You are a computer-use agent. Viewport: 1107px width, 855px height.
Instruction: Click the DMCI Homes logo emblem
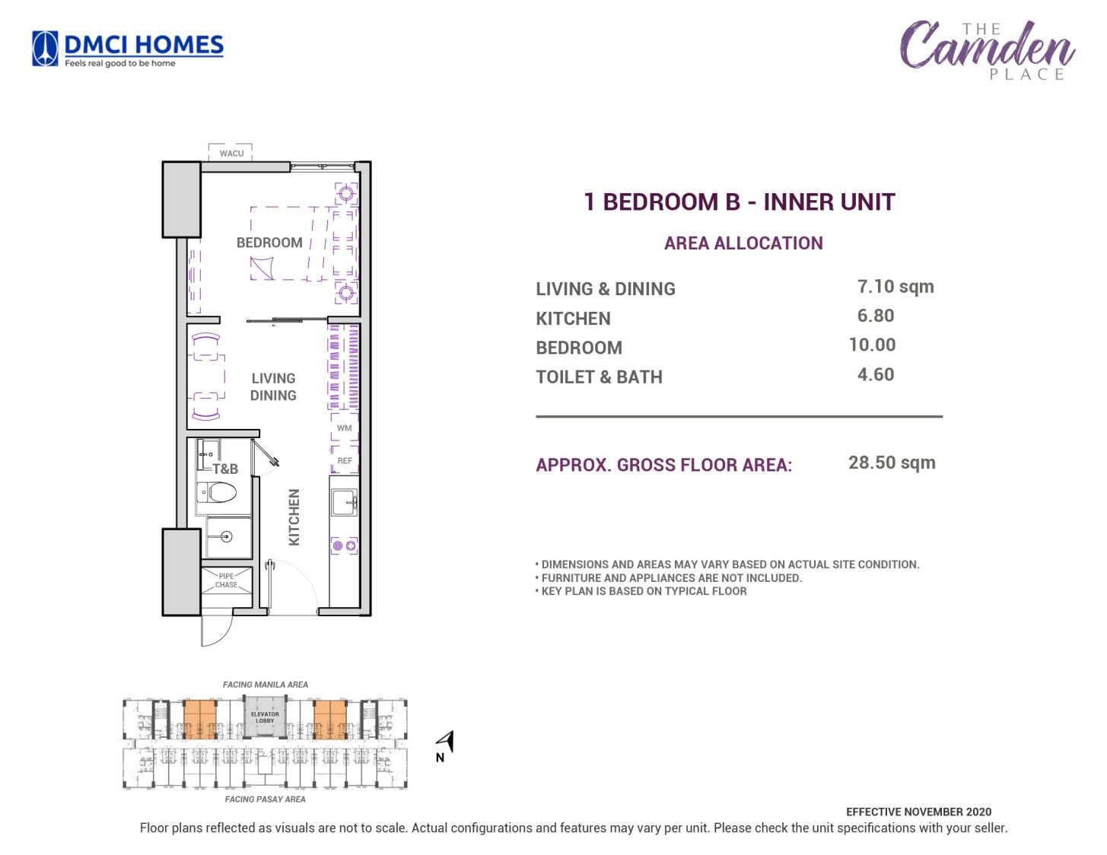[45, 49]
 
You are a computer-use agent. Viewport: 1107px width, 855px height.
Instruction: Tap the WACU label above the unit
[231, 154]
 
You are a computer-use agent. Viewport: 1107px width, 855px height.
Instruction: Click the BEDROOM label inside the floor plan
[269, 243]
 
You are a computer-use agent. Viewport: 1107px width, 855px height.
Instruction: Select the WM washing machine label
[345, 428]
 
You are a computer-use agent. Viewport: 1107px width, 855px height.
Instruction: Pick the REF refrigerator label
[345, 461]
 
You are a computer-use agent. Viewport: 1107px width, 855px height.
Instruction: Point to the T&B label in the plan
[225, 469]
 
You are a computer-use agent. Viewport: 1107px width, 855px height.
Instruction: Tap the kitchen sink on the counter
[345, 503]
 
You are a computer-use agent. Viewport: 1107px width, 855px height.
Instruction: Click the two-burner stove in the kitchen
[345, 546]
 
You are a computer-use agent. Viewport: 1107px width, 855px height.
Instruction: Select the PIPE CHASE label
[226, 580]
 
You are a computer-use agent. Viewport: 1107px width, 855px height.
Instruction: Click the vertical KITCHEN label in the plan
[294, 516]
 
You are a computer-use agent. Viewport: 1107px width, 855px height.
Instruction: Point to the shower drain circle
[227, 536]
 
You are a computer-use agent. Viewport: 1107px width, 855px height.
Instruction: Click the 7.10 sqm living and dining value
[895, 287]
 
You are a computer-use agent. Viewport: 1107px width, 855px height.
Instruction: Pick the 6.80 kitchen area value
[876, 316]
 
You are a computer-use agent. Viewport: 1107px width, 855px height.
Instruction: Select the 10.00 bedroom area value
[872, 345]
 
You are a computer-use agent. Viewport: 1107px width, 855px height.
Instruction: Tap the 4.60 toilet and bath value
[876, 375]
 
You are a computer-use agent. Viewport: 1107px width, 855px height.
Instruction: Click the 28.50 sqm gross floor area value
[892, 463]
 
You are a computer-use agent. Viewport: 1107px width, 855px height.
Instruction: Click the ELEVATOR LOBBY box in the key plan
[265, 717]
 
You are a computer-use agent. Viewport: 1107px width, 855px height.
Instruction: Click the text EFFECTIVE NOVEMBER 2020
[918, 812]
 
